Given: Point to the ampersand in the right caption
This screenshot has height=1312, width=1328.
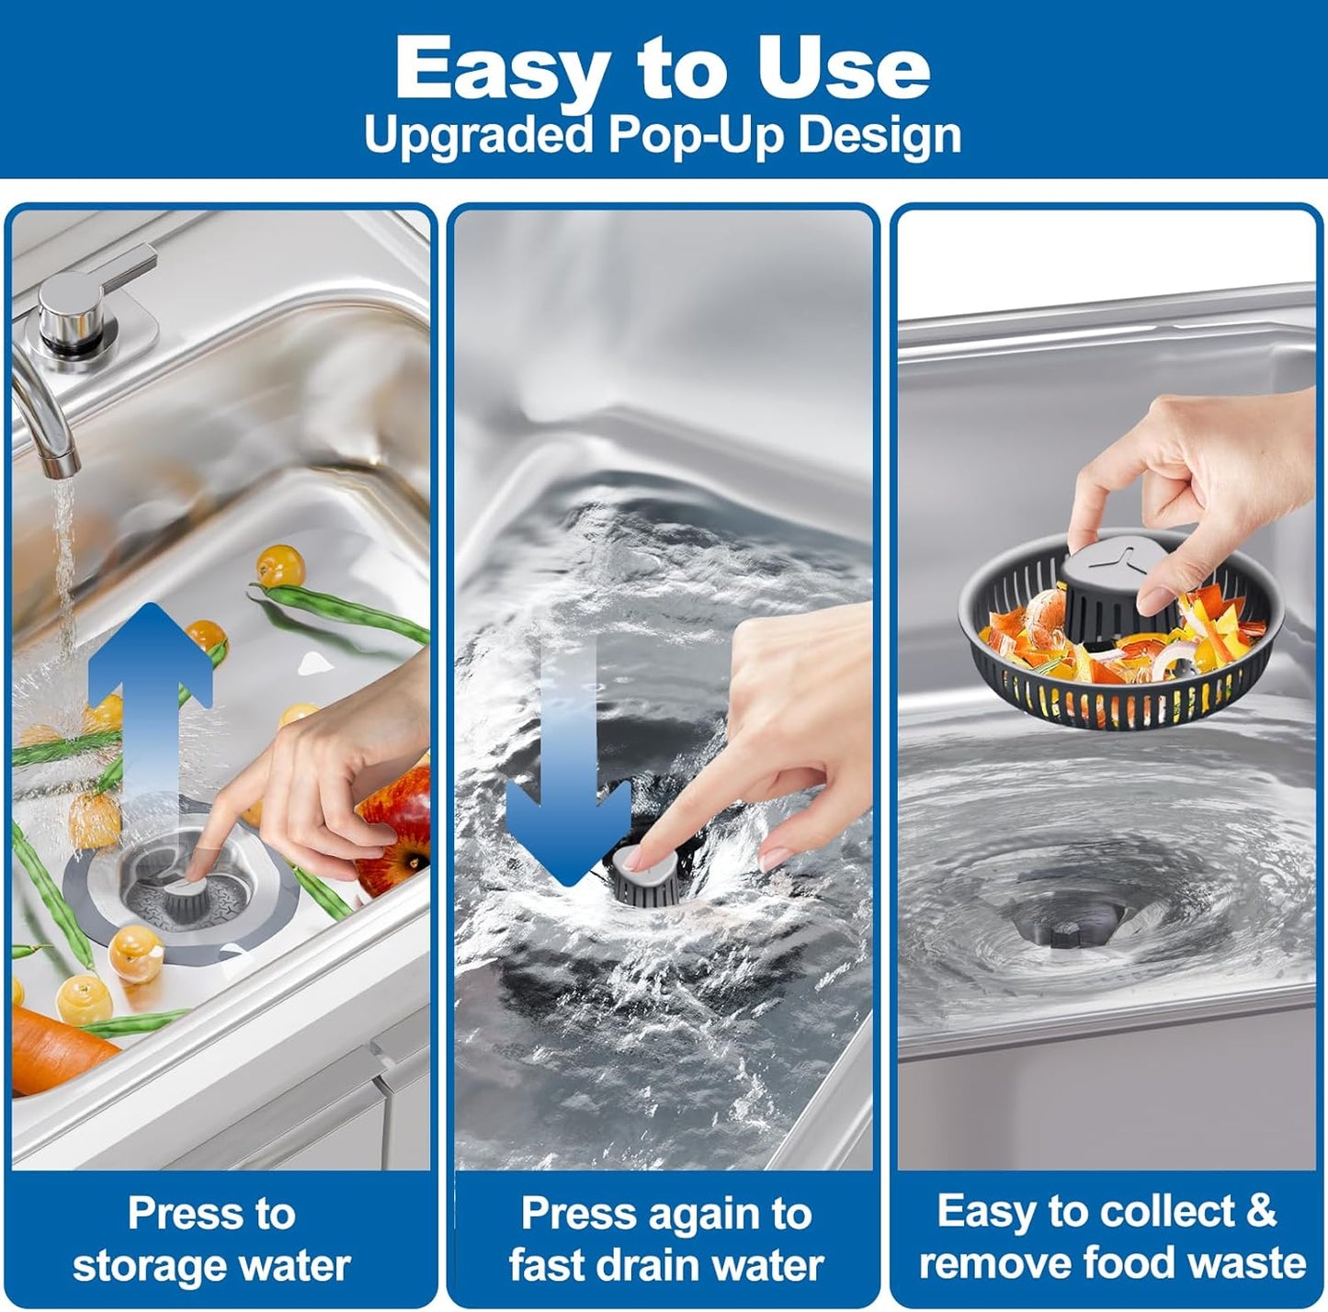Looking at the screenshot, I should (x=1261, y=1211).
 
